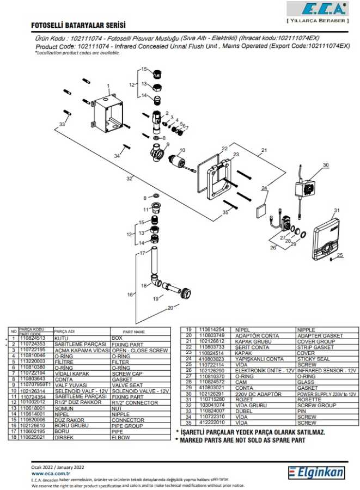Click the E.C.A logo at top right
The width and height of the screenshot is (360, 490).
[x=316, y=9]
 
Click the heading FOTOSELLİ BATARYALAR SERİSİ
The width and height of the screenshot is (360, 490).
[x=79, y=26]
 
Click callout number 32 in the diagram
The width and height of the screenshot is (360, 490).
[x=129, y=178]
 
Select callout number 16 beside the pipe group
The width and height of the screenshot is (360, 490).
[x=130, y=295]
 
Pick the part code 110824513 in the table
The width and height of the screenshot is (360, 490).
[x=32, y=338]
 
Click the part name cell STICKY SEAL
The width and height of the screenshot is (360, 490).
[x=311, y=359]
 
